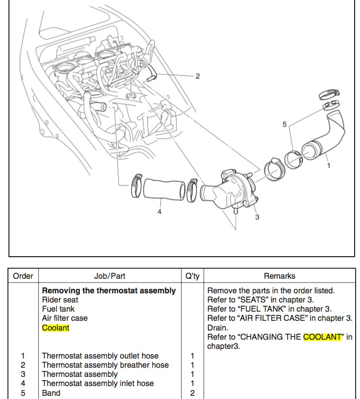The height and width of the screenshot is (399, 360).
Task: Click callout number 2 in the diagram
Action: pos(198,76)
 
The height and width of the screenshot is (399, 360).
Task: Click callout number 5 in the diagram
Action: pos(284,125)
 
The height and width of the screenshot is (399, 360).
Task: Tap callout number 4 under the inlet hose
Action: pos(159,212)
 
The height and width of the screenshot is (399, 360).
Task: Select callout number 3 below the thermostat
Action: pos(257,217)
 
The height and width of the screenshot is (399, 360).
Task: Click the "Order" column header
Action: pos(23,276)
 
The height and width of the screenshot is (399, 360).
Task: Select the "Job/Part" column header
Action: pos(110,276)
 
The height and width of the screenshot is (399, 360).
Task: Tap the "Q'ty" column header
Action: pos(192,276)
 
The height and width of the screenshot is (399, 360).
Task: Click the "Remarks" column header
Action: pos(280,276)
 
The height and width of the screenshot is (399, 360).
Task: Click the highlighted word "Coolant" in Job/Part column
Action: pos(56,327)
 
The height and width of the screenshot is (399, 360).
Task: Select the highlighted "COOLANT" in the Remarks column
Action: pos(322,336)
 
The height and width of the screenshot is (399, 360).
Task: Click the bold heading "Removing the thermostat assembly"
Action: pos(108,290)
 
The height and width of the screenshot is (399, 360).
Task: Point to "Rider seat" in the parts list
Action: pos(60,299)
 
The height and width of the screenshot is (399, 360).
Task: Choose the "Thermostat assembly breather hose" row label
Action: pos(105,365)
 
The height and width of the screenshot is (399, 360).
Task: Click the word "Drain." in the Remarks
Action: pos(218,327)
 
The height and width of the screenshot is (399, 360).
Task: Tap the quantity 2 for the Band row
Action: pos(192,393)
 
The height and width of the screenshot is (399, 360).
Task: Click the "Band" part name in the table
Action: pos(51,393)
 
